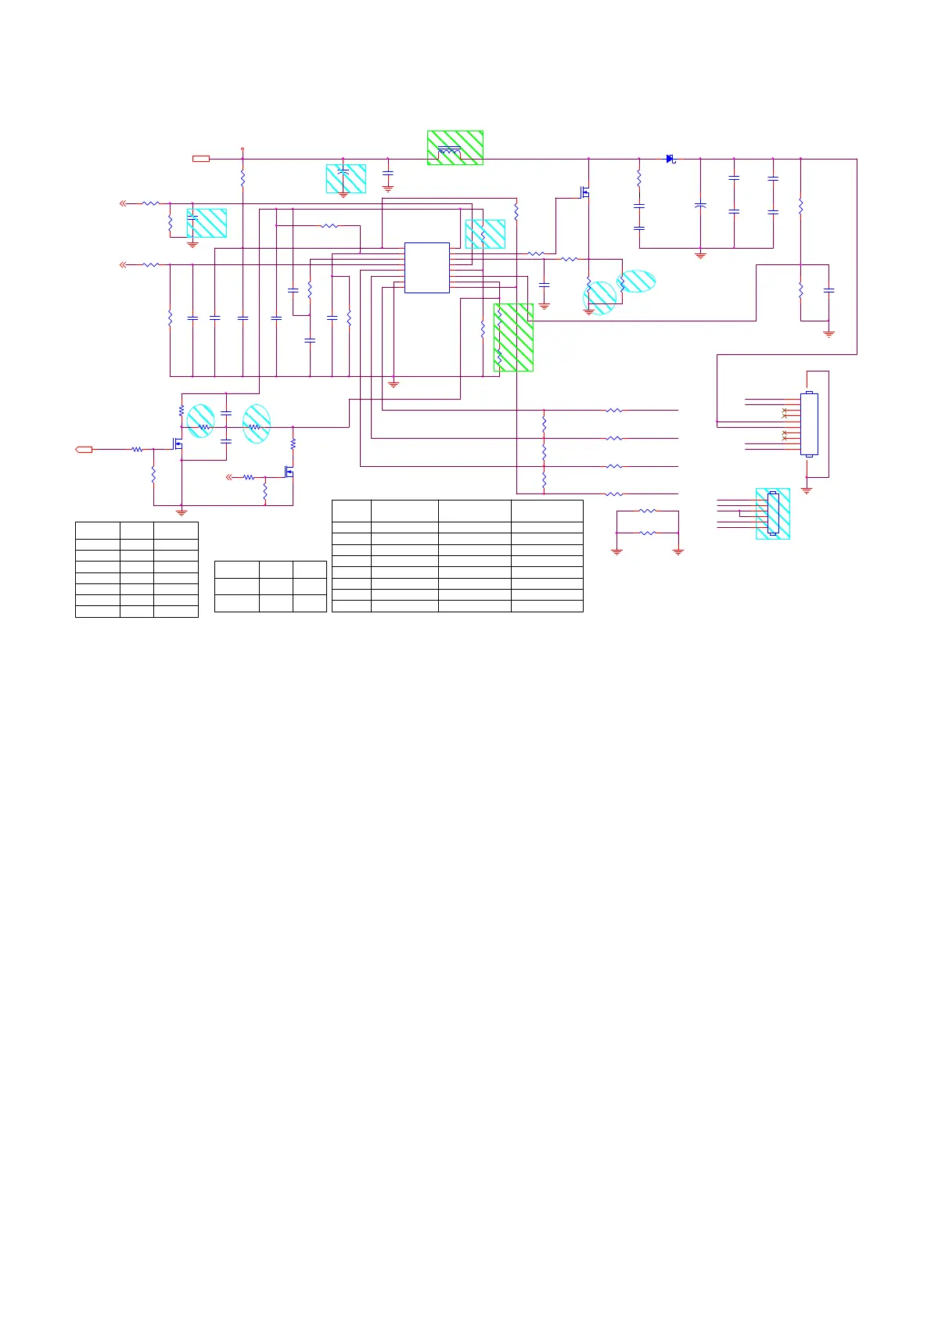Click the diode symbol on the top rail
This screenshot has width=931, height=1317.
670,159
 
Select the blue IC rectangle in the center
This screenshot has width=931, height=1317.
426,267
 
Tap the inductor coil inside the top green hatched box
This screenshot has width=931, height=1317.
449,150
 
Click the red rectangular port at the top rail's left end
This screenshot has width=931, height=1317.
201,159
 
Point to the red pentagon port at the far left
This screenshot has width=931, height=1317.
84,449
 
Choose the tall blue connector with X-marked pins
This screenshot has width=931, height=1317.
809,424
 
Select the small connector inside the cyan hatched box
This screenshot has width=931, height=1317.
773,513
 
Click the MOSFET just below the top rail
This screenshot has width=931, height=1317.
584,192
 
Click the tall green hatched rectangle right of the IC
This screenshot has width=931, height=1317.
513,337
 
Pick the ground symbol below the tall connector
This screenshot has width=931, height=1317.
807,490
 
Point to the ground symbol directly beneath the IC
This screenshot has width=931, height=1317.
394,384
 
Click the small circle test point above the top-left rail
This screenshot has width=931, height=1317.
243,148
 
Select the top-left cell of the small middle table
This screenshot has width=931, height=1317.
236,569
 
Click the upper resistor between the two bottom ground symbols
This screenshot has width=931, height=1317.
647,511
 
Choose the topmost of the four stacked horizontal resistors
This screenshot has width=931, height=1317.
615,410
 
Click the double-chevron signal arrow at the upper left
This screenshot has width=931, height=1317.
123,203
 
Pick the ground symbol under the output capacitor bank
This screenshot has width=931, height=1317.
700,255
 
